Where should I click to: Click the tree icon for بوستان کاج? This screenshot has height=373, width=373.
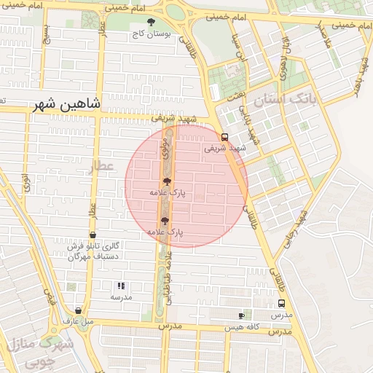[151, 23]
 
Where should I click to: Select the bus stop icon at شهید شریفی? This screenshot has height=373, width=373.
[224, 136]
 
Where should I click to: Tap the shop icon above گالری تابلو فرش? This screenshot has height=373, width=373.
[93, 235]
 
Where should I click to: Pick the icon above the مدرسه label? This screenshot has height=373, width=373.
[121, 286]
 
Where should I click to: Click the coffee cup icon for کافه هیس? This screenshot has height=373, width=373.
[241, 315]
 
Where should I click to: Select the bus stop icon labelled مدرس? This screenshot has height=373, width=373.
[281, 304]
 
